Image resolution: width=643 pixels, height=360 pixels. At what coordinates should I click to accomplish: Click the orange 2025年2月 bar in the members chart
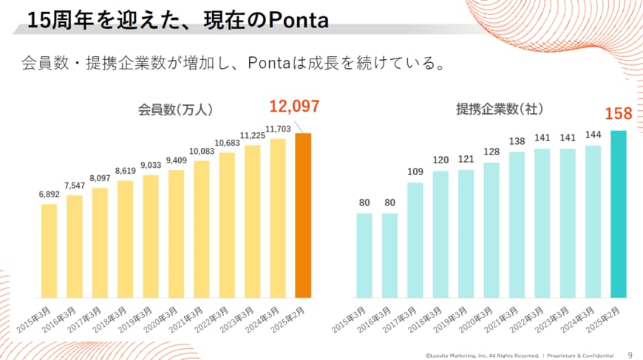(303, 215)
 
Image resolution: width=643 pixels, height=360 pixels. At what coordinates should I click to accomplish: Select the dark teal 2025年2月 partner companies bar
(619, 214)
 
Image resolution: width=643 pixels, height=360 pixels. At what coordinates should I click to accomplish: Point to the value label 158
(618, 114)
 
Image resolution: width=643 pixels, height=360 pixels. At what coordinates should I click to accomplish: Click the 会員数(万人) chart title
(176, 109)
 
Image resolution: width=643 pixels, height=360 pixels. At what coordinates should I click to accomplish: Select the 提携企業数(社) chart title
(500, 109)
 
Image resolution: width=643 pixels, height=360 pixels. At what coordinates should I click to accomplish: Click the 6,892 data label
(50, 195)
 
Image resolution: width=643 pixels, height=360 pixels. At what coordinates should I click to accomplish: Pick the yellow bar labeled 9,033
(151, 236)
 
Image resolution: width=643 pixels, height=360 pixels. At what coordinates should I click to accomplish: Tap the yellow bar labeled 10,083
(202, 229)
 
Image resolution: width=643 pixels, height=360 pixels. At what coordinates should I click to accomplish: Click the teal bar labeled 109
(415, 240)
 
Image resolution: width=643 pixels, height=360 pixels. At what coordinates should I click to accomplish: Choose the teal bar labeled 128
(491, 230)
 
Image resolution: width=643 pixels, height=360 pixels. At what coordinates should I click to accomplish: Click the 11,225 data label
(253, 136)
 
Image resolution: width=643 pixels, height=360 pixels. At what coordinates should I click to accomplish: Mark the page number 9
(630, 353)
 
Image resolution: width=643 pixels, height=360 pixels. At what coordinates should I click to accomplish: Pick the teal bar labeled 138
(517, 225)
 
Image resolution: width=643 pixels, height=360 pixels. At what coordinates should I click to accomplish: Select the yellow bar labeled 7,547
(75, 246)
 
